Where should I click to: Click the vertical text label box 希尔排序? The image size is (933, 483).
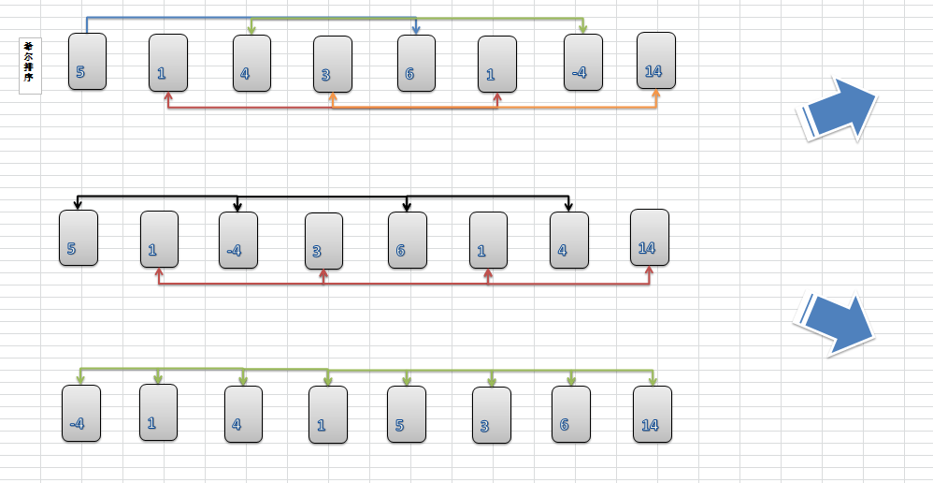click(x=30, y=66)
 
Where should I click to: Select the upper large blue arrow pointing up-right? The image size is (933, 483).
click(x=838, y=111)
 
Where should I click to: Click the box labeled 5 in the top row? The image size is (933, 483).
click(x=87, y=62)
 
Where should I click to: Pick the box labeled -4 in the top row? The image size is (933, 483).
click(x=582, y=63)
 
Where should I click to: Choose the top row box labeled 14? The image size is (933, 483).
click(x=655, y=60)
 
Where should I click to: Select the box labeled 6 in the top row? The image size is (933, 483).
click(x=416, y=63)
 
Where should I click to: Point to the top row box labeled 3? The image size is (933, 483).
click(x=332, y=64)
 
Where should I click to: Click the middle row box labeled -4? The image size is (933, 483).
click(x=237, y=240)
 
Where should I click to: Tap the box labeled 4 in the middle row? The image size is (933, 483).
click(x=568, y=240)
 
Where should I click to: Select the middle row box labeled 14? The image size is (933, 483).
click(x=649, y=237)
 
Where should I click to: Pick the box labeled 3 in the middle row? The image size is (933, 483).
click(x=323, y=241)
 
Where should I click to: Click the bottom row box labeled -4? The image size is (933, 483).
click(x=80, y=413)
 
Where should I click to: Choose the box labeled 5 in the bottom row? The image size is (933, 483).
click(x=406, y=414)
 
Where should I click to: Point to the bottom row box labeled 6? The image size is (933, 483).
click(x=570, y=414)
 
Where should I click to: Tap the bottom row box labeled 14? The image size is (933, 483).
click(x=652, y=414)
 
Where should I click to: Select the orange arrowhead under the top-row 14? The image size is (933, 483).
click(x=657, y=95)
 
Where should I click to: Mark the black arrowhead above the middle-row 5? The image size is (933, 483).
click(x=78, y=204)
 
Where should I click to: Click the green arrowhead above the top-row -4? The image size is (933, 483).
click(x=582, y=31)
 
